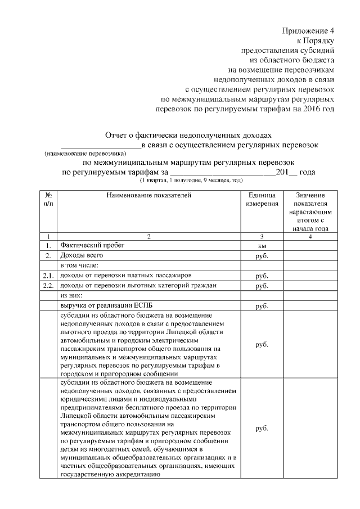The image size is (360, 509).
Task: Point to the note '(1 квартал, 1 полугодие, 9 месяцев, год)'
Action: tap(191, 180)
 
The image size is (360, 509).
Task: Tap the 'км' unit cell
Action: tap(262, 246)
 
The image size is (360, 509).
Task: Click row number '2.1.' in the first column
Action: tap(49, 276)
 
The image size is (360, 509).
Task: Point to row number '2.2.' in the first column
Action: tap(49, 286)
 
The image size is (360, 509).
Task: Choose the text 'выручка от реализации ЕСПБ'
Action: tap(106, 305)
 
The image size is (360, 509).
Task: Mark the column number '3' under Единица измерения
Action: tap(262, 236)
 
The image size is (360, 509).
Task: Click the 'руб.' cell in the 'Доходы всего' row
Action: tap(262, 256)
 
